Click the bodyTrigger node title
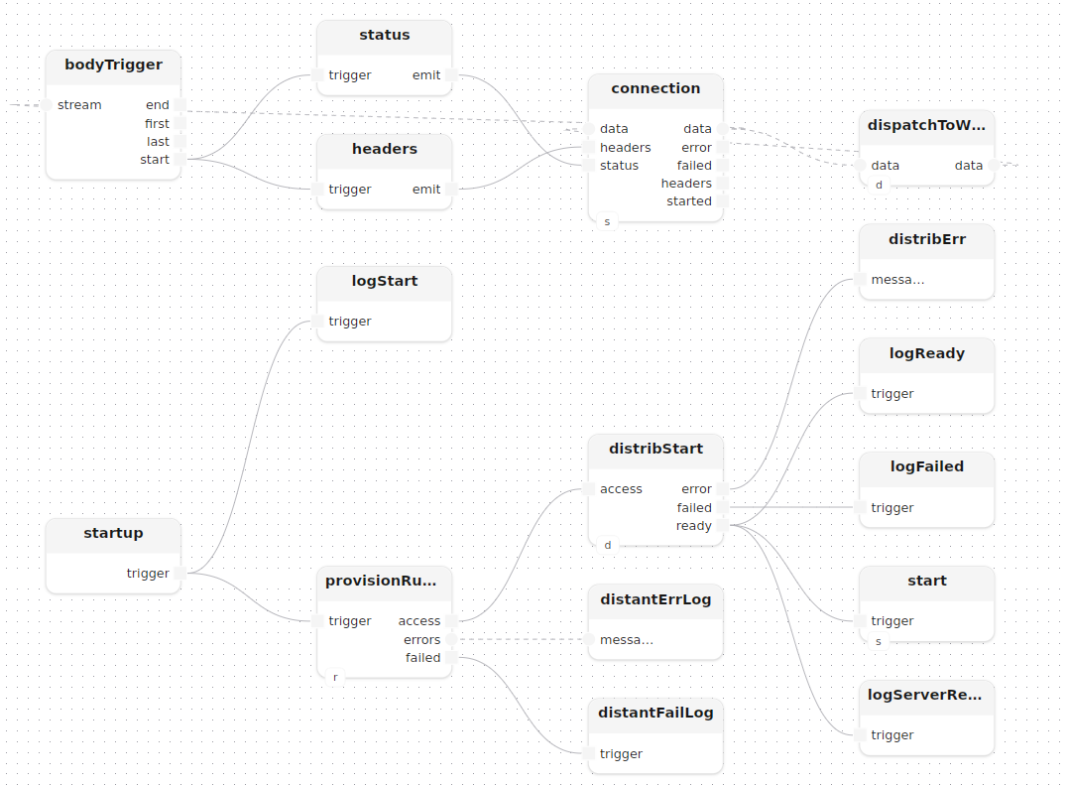point(113,65)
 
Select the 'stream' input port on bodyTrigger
point(47,105)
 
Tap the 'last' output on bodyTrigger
point(180,142)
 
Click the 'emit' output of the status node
point(452,75)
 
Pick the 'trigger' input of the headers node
point(317,190)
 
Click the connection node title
point(655,88)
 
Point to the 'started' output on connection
point(723,201)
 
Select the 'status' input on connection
point(588,165)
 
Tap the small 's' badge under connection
point(608,221)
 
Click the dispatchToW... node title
point(926,125)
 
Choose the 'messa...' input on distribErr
point(860,280)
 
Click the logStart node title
point(385,281)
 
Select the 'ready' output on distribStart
point(723,525)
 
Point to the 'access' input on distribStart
point(588,489)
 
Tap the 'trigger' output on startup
point(180,574)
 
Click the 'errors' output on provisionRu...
point(452,640)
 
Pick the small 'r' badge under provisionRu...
point(335,677)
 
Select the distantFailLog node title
point(655,713)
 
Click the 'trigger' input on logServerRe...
point(860,734)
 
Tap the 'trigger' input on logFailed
point(860,507)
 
